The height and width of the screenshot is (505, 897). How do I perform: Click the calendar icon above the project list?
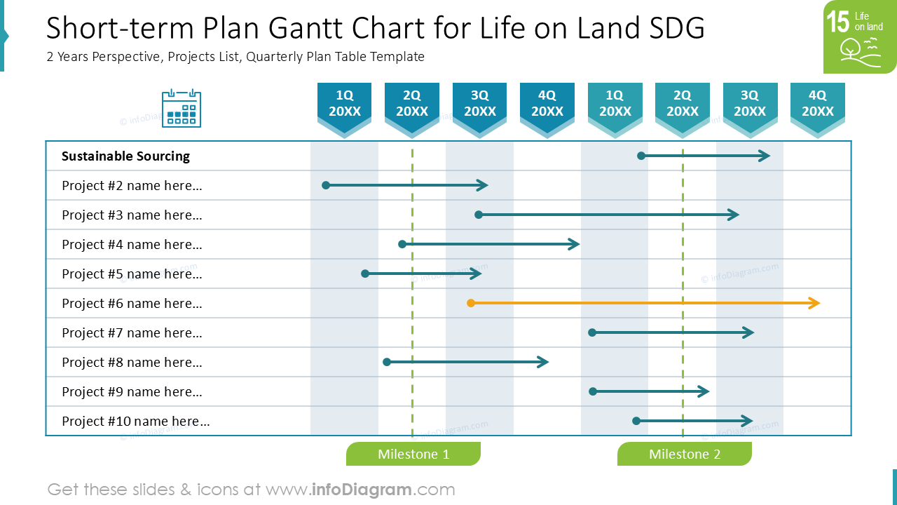pos(182,108)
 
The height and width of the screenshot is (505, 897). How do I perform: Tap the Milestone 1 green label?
pos(413,454)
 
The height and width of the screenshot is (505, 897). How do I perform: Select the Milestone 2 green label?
pos(685,454)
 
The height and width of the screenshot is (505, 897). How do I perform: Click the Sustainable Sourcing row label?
pos(125,156)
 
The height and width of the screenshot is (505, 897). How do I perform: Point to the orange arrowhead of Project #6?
pos(814,303)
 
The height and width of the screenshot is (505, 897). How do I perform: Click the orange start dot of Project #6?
pos(471,303)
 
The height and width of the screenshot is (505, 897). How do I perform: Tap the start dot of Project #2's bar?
pos(326,185)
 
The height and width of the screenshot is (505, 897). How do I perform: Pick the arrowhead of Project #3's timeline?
pos(734,215)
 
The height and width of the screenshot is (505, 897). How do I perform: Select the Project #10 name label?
pos(136,422)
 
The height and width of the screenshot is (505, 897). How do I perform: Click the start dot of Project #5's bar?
pos(365,274)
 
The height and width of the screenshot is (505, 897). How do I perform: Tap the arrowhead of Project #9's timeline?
pos(704,391)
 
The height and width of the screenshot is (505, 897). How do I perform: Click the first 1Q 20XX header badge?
pos(344,109)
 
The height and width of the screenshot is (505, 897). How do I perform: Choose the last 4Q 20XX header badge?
pos(818,109)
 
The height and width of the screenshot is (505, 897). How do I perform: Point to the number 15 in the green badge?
pos(837,22)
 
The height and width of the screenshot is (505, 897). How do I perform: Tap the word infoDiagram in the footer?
pos(361,490)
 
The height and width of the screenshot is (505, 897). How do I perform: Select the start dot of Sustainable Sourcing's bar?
pos(641,156)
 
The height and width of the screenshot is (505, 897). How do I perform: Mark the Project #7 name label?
pos(132,332)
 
